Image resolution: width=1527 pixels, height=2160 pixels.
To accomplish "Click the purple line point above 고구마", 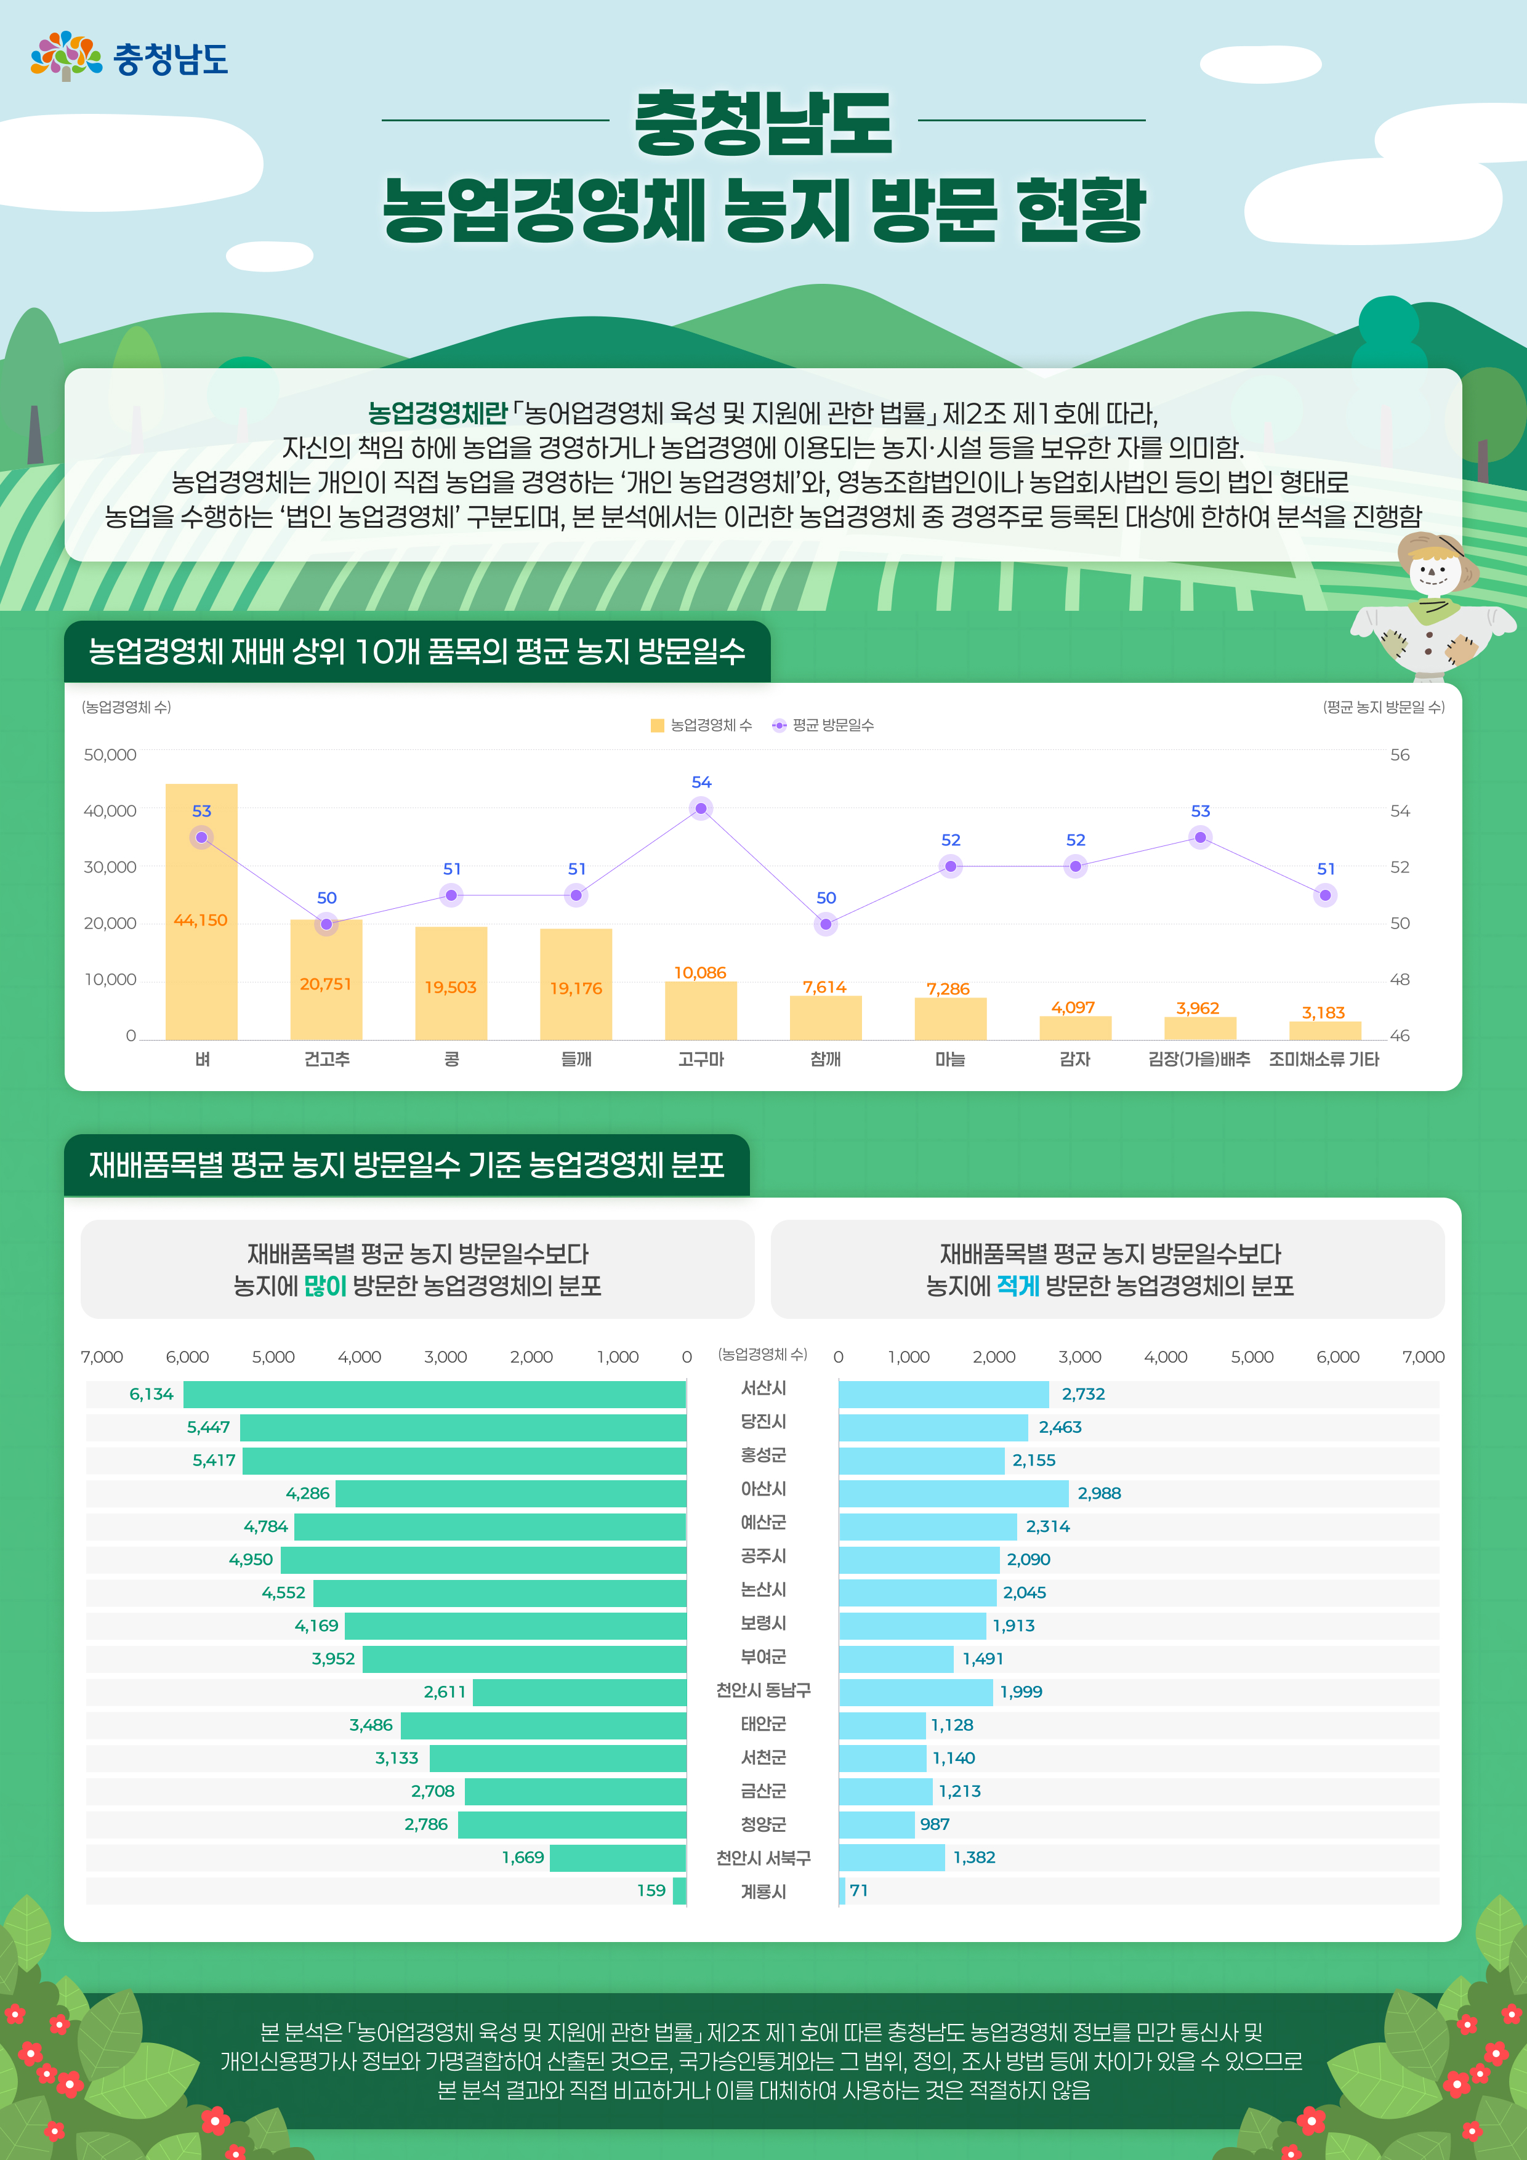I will [x=701, y=808].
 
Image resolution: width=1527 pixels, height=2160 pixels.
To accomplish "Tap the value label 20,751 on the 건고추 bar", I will [x=326, y=984].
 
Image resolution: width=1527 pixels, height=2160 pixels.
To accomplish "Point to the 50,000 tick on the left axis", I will [x=110, y=754].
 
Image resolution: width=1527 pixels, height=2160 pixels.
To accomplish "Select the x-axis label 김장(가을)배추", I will [x=1199, y=1059].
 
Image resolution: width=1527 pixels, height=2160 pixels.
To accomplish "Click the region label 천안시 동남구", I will [x=763, y=1691].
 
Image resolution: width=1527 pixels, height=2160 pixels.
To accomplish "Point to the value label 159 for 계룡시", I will [x=651, y=1890].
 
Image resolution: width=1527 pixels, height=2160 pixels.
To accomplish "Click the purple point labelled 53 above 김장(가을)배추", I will [x=1199, y=837].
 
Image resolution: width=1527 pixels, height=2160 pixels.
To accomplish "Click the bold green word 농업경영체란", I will [x=438, y=413].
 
